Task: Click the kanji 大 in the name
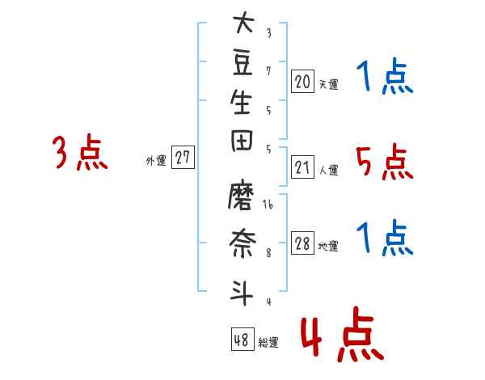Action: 244,22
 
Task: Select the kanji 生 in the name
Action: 241,102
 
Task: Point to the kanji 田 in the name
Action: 242,141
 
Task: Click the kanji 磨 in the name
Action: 241,195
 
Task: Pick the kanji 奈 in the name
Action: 242,243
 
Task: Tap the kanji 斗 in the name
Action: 242,293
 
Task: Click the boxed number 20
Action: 302,82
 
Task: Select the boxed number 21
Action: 302,167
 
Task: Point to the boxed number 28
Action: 302,243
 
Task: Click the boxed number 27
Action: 183,157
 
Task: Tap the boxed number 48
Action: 242,339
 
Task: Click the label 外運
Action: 156,161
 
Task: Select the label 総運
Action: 268,343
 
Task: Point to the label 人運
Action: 328,170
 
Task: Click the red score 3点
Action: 80,152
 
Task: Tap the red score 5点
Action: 385,162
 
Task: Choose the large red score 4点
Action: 342,334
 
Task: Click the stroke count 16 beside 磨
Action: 268,204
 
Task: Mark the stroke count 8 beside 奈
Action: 268,253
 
